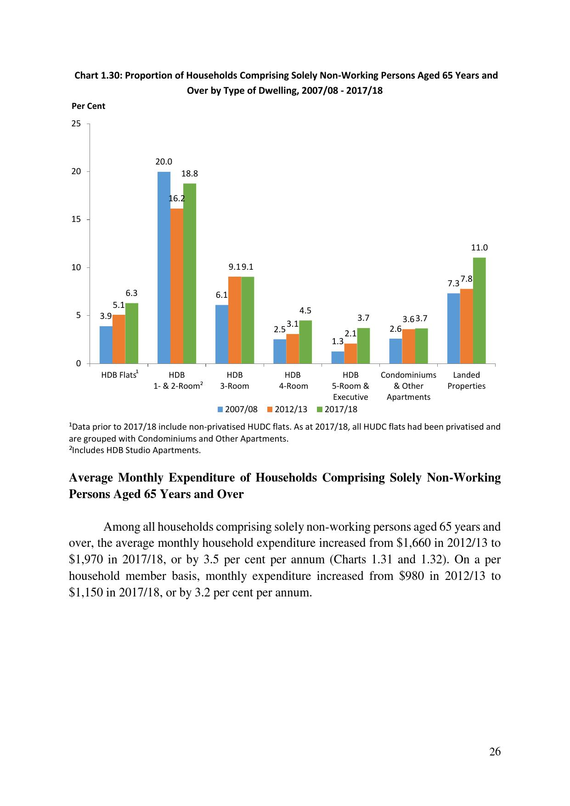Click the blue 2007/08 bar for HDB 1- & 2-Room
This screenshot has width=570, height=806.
(x=164, y=267)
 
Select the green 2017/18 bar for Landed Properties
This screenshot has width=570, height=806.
(x=479, y=310)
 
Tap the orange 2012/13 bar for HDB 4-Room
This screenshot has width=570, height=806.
(x=293, y=348)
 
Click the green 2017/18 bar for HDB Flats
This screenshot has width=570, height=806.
(x=132, y=333)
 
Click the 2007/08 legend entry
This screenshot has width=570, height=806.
(x=237, y=409)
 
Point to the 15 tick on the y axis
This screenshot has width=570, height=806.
(x=76, y=220)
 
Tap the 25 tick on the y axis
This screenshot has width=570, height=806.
(x=76, y=124)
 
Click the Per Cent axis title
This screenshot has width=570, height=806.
(x=88, y=106)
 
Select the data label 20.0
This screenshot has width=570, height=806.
(x=164, y=162)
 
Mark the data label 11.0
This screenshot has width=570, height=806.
(x=480, y=248)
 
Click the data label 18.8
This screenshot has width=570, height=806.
(x=190, y=174)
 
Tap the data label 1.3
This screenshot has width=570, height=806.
(x=338, y=341)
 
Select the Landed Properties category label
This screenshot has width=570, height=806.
(x=466, y=380)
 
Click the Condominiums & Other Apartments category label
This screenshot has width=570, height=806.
(x=408, y=386)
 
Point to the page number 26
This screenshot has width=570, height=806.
(x=495, y=752)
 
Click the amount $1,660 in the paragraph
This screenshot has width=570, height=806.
(x=413, y=543)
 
